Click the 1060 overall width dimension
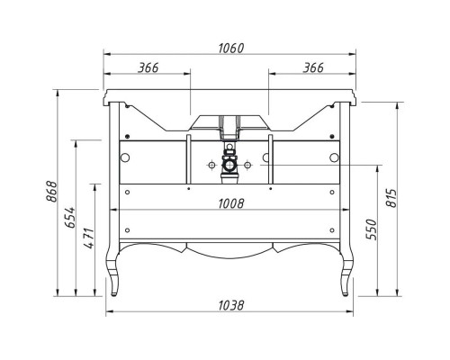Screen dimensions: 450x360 230,49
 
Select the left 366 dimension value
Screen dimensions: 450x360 148,67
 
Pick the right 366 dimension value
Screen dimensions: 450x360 313,67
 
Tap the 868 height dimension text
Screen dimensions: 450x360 51,192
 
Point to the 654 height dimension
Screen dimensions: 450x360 70,217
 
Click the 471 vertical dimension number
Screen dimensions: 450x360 89,238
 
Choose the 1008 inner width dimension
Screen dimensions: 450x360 231,203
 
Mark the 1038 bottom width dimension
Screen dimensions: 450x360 231,306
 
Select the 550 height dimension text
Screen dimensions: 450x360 371,229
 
